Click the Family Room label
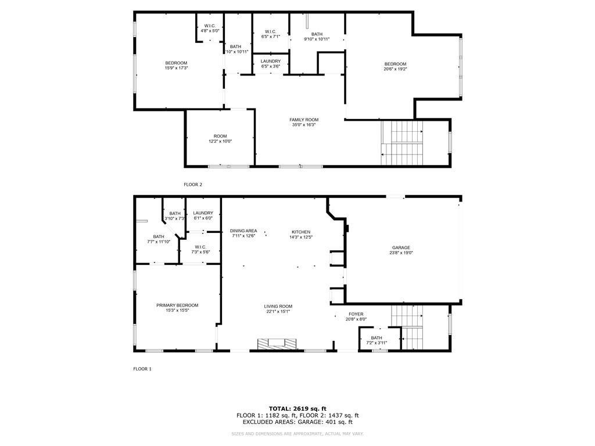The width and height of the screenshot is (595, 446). pyautogui.click(x=304, y=122)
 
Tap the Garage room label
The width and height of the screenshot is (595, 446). pyautogui.click(x=401, y=250)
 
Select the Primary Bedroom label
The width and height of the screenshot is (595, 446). pyautogui.click(x=177, y=308)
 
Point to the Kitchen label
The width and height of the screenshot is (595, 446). pyautogui.click(x=301, y=235)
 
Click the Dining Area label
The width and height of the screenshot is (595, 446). pyautogui.click(x=243, y=233)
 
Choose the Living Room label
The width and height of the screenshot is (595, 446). pyautogui.click(x=278, y=309)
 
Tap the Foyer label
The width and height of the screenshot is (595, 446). pyautogui.click(x=356, y=316)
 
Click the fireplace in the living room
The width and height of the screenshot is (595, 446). pyautogui.click(x=277, y=344)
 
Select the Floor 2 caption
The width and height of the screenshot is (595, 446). pyautogui.click(x=193, y=185)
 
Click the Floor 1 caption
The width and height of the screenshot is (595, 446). pyautogui.click(x=142, y=369)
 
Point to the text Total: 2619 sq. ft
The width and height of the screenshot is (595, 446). pyautogui.click(x=297, y=408)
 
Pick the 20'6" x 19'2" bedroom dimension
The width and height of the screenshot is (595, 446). pyautogui.click(x=395, y=69)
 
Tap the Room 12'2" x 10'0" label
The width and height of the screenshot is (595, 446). pyautogui.click(x=220, y=138)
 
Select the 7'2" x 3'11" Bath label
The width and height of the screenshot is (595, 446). pyautogui.click(x=377, y=340)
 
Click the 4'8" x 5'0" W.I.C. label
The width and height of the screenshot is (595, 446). pyautogui.click(x=210, y=28)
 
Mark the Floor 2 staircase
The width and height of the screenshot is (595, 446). pyautogui.click(x=402, y=143)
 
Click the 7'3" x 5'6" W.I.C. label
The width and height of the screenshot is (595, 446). pyautogui.click(x=200, y=249)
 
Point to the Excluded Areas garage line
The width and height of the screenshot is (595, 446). pyautogui.click(x=297, y=422)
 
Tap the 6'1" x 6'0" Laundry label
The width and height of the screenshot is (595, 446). pyautogui.click(x=203, y=215)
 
